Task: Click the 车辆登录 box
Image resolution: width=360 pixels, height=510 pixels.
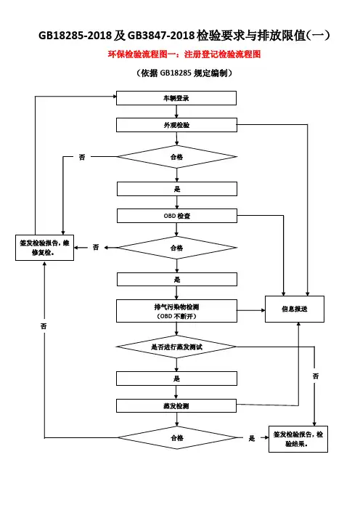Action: click(176, 98)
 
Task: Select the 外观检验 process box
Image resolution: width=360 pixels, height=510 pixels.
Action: click(176, 125)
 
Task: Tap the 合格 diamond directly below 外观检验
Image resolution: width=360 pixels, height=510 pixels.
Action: click(177, 157)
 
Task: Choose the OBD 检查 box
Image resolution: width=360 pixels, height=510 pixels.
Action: click(177, 216)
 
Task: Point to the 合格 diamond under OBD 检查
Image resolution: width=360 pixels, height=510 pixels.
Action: click(177, 248)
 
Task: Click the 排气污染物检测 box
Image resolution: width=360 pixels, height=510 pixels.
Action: click(176, 311)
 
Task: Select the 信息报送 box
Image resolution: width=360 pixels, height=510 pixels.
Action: click(295, 309)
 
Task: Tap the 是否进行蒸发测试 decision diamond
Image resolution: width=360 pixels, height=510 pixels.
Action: click(176, 347)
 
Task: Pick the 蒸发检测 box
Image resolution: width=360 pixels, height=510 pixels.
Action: click(176, 405)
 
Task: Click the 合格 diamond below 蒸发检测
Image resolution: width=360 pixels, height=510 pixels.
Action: click(177, 438)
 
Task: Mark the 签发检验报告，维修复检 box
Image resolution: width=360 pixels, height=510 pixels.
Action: click(44, 248)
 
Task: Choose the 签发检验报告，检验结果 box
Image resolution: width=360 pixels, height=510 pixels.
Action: click(298, 439)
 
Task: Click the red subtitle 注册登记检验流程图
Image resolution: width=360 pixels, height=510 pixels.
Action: click(223, 54)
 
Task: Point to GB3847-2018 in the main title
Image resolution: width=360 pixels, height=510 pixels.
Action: click(161, 35)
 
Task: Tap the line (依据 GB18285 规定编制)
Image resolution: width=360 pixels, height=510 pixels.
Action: click(184, 73)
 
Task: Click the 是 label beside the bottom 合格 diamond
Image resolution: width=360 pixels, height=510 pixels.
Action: click(252, 438)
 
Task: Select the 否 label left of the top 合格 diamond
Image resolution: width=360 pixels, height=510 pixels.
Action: click(82, 157)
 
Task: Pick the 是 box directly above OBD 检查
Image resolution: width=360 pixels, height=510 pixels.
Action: click(177, 189)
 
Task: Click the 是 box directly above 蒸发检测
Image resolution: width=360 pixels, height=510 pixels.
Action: click(176, 379)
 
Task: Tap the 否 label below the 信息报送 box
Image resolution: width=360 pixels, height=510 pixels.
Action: click(316, 376)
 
